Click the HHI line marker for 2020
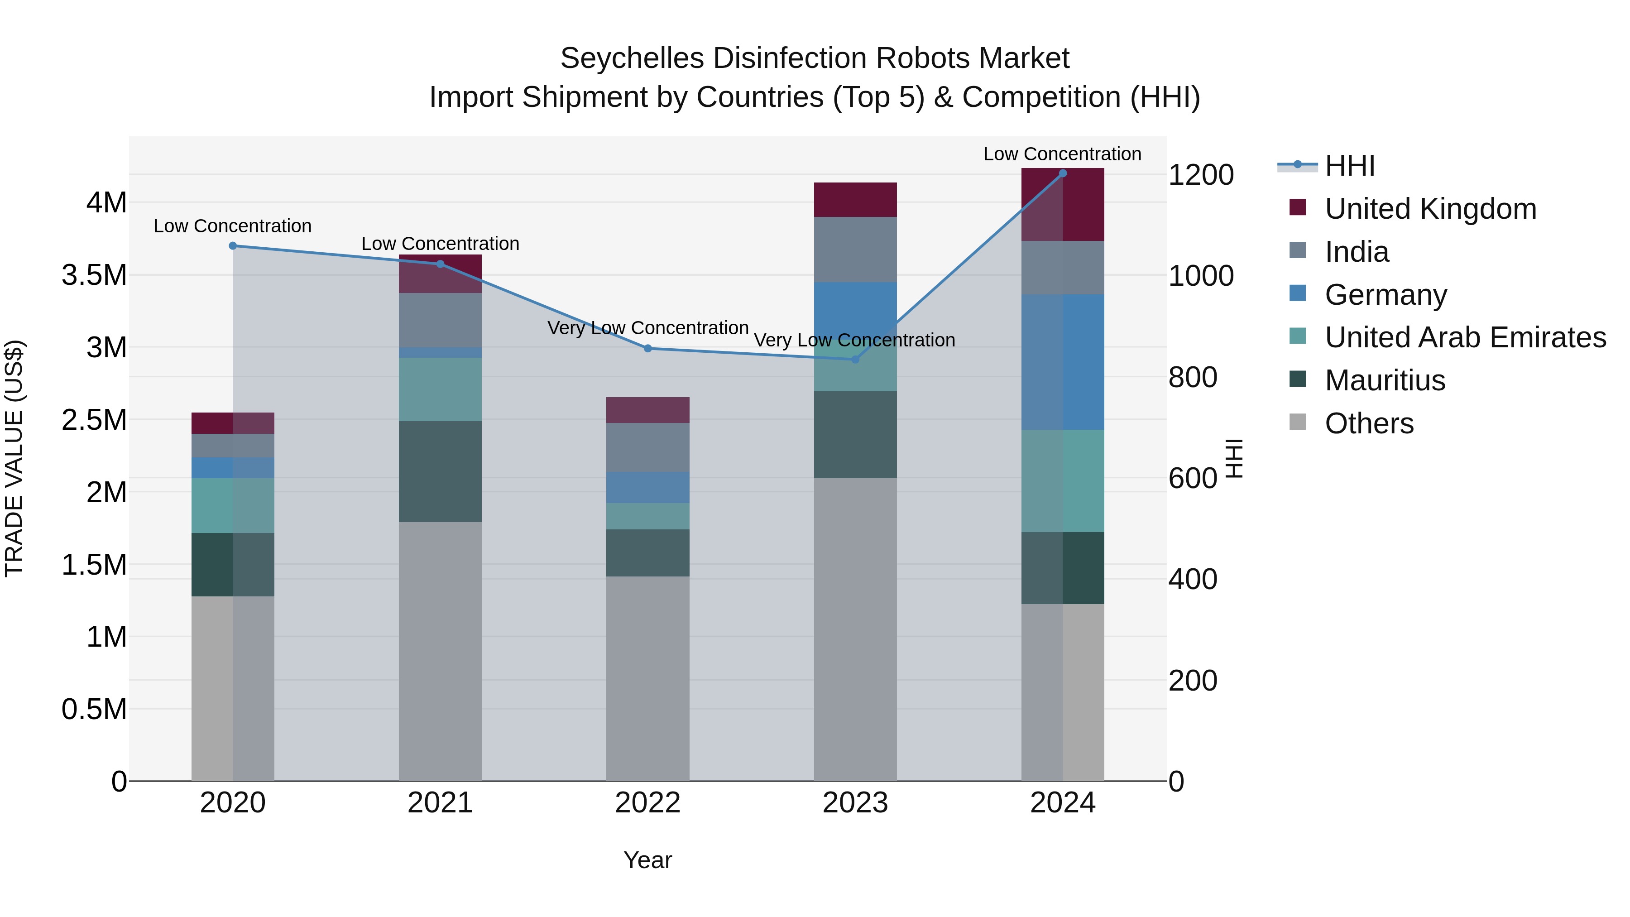click(x=233, y=245)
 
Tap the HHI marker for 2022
click(x=647, y=349)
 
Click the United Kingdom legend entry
click(x=1430, y=209)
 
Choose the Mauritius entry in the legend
click(x=1385, y=380)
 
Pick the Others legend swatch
click(x=1297, y=422)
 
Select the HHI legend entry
click(x=1349, y=166)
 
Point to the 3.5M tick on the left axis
click(x=94, y=275)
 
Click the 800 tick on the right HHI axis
click(x=1192, y=377)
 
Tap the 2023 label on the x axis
click(x=855, y=803)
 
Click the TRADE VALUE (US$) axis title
click(x=14, y=458)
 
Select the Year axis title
click(x=647, y=860)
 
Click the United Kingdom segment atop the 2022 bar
click(x=647, y=410)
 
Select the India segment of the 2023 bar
click(x=855, y=250)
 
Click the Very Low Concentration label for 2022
click(x=647, y=328)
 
